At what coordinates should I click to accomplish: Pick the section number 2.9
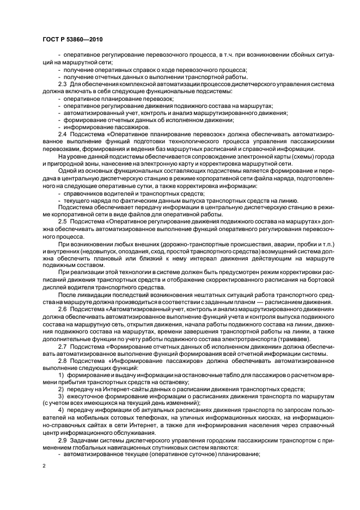tap(62, 439)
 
